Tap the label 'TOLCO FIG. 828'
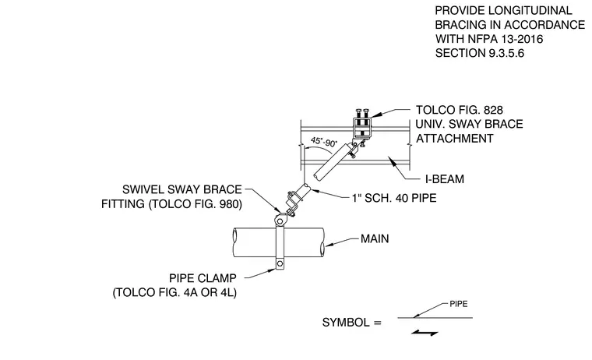460,110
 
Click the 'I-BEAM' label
445,179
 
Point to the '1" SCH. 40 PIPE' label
394,198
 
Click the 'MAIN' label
375,238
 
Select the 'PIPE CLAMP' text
203,278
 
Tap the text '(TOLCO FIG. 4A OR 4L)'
174,293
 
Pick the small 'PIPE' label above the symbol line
459,304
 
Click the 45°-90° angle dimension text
324,142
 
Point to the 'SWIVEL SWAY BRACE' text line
182,189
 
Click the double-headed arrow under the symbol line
425,333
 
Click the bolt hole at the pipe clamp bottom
280,263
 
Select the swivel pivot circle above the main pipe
280,219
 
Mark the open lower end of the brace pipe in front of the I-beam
316,176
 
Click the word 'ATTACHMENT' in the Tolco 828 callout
455,139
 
